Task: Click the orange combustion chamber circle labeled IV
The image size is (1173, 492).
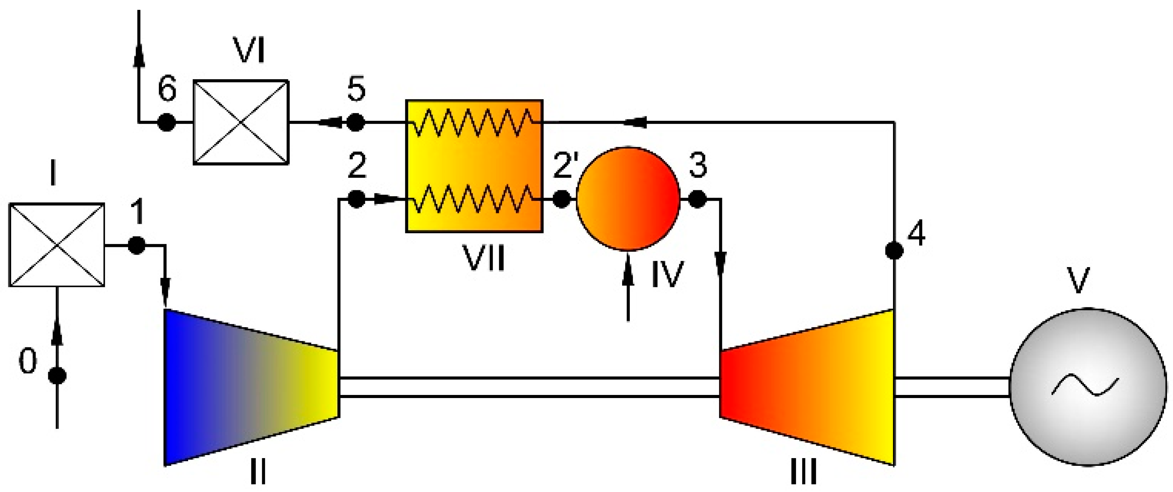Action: [x=628, y=199]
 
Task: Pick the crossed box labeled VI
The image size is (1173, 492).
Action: [x=241, y=122]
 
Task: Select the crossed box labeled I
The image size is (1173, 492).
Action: [x=57, y=245]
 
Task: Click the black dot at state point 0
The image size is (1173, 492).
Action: [x=57, y=376]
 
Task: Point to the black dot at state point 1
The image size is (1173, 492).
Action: [x=137, y=245]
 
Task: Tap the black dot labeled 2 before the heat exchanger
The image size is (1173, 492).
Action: [x=356, y=199]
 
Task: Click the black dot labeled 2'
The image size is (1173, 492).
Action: [x=561, y=199]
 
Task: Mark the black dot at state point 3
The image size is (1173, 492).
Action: [x=697, y=199]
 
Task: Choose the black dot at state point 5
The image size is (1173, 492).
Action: [x=356, y=122]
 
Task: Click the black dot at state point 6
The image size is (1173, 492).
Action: [x=166, y=122]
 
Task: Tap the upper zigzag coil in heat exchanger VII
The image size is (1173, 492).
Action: [x=474, y=122]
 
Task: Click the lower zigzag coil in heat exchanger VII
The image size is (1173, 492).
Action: [x=474, y=199]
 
